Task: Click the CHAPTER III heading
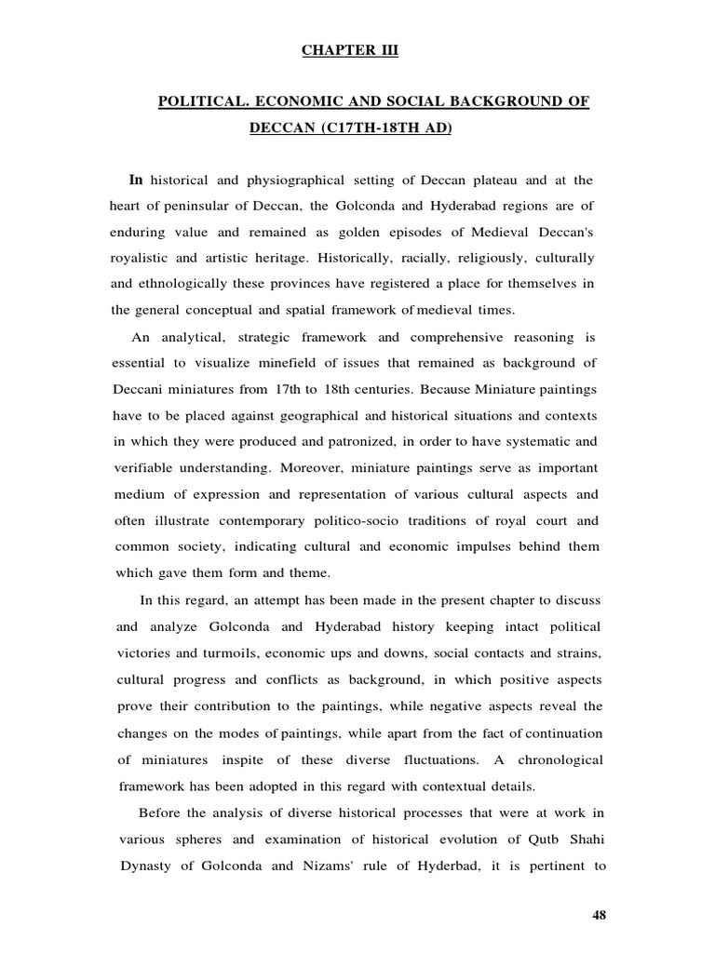[x=349, y=51]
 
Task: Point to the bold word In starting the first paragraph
[x=137, y=179]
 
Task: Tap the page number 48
[x=600, y=916]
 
